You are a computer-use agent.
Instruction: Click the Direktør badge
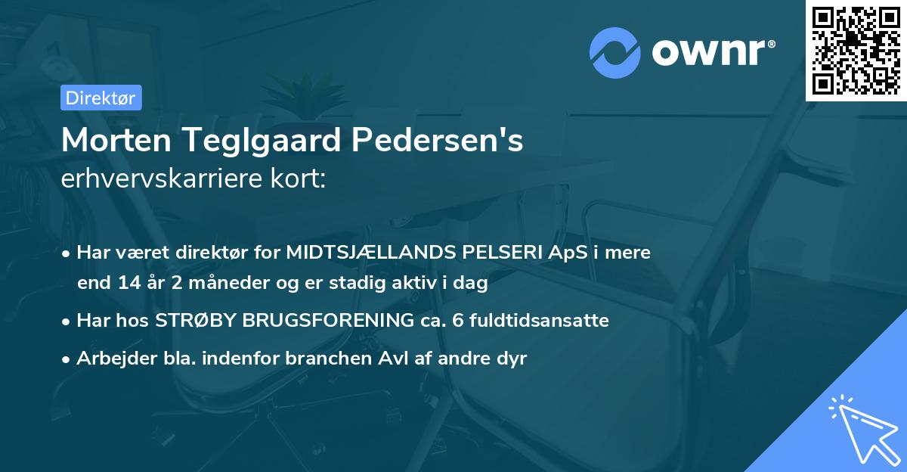pos(101,98)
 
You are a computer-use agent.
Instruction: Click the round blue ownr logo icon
pos(615,52)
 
